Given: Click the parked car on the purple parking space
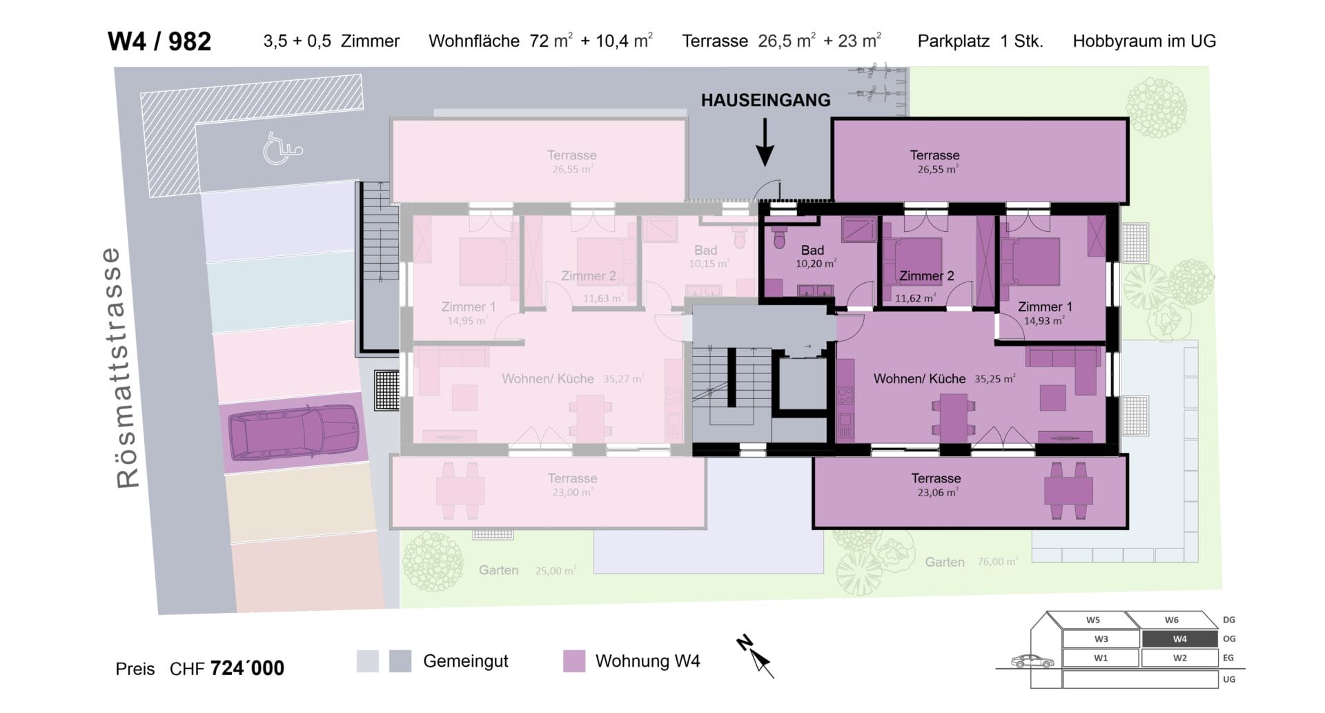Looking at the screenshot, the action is [294, 433].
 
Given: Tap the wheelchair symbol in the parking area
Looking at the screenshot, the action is [282, 148].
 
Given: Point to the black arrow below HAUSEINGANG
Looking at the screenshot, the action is [765, 143].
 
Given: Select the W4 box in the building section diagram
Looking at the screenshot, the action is [1179, 638].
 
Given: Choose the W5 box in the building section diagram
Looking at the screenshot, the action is [1093, 620].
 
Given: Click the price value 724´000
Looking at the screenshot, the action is [247, 668].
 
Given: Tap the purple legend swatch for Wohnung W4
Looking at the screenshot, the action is [573, 661].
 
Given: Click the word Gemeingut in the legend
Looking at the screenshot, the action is [466, 661].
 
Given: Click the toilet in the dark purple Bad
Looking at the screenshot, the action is [780, 237].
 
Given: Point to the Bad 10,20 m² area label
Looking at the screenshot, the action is [815, 256].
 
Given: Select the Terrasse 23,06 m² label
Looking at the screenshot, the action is [936, 485].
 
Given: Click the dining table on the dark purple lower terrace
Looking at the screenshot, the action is [1068, 491].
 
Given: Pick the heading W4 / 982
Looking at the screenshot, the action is [159, 41].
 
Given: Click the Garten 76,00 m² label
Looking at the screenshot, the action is [971, 562].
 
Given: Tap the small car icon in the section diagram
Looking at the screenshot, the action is [1032, 661].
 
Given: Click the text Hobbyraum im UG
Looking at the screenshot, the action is [1144, 41].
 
